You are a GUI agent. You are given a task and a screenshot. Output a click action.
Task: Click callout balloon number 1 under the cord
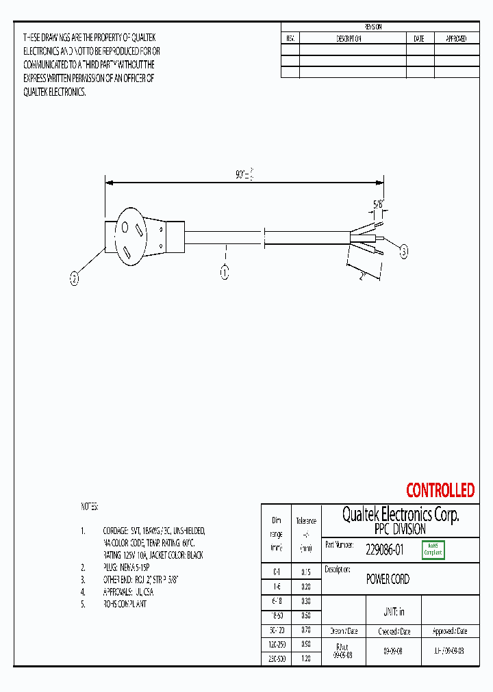(x=224, y=273)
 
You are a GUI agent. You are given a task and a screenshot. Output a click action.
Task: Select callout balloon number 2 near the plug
(x=75, y=278)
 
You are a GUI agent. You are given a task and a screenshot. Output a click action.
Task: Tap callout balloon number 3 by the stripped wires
(x=403, y=252)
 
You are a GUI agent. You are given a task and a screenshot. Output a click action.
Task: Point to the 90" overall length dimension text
(x=244, y=175)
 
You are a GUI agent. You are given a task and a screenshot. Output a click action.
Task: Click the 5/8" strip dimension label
(x=378, y=204)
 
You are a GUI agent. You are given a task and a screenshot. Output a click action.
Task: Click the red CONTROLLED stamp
(x=440, y=490)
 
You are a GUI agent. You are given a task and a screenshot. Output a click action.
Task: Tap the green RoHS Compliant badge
(x=433, y=549)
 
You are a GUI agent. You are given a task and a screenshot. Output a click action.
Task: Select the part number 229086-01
(x=385, y=548)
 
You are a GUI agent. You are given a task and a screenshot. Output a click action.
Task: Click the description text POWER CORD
(x=388, y=579)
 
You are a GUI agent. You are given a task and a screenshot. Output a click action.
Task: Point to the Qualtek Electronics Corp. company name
(x=400, y=515)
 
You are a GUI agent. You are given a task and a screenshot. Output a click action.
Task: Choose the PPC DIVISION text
(x=400, y=529)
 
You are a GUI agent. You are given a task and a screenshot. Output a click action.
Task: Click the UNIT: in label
(x=392, y=611)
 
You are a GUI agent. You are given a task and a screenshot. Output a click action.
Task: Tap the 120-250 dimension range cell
(x=276, y=644)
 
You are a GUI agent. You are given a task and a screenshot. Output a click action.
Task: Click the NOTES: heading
(x=90, y=507)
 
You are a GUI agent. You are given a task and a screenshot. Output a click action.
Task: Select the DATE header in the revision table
(x=419, y=39)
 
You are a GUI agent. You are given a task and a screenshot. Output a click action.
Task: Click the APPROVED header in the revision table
(x=456, y=39)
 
